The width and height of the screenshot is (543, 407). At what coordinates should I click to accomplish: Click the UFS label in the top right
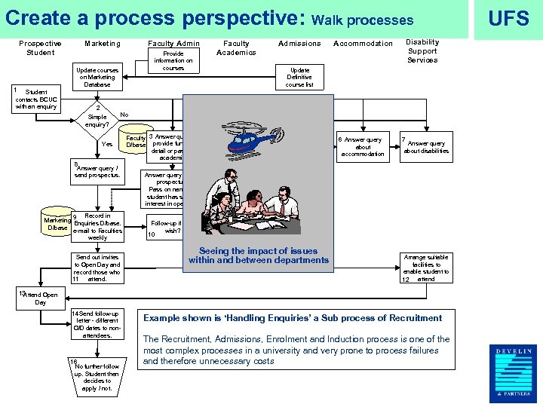point(508,19)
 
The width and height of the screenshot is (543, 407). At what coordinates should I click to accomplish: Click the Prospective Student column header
point(40,48)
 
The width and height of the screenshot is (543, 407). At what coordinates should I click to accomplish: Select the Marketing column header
point(103,44)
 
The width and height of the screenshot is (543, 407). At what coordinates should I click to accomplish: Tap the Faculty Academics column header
point(236,48)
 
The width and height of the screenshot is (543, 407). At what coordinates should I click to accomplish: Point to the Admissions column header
point(299,44)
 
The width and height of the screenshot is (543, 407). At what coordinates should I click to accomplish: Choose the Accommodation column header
point(363,44)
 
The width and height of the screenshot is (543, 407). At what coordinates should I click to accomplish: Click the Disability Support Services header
point(422,51)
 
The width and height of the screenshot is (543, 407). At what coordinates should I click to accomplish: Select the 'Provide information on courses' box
point(173,61)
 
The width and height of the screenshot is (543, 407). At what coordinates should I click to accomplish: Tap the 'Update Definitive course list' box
point(299,77)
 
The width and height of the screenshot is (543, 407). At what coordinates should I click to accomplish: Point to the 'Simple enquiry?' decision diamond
point(98,118)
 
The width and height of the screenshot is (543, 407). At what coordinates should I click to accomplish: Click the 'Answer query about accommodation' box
point(363,147)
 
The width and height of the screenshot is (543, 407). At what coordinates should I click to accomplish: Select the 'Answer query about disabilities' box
point(426,147)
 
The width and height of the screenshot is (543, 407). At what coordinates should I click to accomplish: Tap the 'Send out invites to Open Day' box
point(97,268)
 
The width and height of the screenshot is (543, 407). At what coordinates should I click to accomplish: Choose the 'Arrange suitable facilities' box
point(426,268)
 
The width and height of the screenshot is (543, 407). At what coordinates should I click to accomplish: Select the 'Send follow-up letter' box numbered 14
point(97,324)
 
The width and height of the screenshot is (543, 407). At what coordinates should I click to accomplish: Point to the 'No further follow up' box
point(97,377)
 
